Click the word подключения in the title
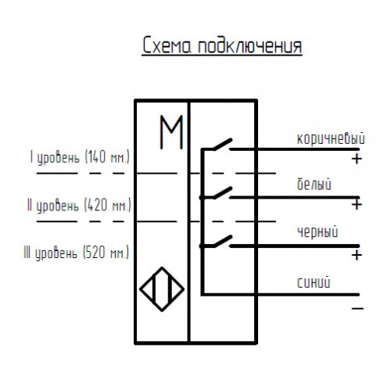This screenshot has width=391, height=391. click(x=250, y=47)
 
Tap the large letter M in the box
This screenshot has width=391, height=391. click(x=171, y=132)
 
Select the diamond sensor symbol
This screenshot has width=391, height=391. click(x=162, y=289)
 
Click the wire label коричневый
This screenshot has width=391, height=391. click(x=331, y=138)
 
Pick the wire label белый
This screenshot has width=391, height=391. click(x=314, y=184)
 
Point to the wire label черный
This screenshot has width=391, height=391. click(x=317, y=231)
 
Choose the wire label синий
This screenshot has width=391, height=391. click(x=314, y=282)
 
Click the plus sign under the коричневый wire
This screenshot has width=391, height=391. click(x=357, y=159)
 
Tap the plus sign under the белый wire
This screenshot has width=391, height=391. click(x=357, y=205)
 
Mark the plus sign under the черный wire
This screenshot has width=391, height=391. click(x=357, y=255)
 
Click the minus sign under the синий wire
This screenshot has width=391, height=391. click(x=357, y=309)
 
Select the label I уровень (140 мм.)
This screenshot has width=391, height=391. click(x=80, y=157)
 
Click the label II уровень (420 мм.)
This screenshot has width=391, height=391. click(x=79, y=205)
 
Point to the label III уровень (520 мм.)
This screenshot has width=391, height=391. click(x=77, y=253)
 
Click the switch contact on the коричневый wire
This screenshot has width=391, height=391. click(x=223, y=144)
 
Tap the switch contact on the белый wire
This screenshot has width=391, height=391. click(x=223, y=192)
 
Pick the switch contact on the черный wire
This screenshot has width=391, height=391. click(x=223, y=241)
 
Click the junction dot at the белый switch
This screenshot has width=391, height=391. click(x=203, y=198)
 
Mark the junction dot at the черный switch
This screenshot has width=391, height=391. click(x=203, y=246)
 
